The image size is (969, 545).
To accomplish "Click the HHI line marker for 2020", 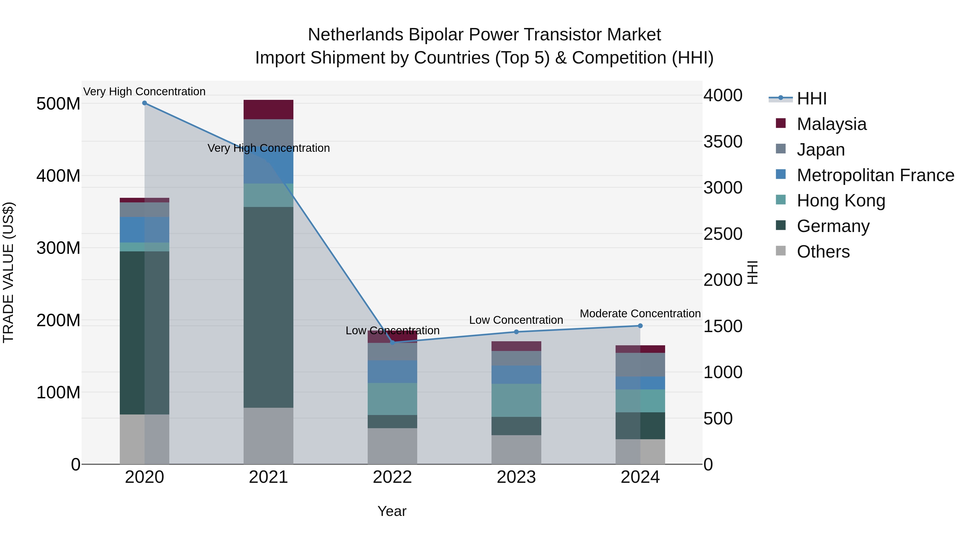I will tap(145, 103).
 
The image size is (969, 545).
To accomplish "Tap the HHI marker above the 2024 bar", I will tap(640, 326).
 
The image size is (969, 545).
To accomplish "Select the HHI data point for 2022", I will tap(392, 342).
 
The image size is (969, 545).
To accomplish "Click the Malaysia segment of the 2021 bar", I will tap(268, 110).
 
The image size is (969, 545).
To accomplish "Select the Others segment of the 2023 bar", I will tap(516, 449).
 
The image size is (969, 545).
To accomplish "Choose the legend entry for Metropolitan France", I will tap(875, 175).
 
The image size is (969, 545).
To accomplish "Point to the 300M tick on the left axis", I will tap(58, 248).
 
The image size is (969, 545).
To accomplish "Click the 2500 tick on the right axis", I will tap(723, 234).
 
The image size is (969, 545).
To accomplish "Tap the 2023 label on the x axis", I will tap(516, 477).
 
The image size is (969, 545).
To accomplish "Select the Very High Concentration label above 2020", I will tap(145, 92).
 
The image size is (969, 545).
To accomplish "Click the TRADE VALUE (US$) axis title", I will tap(8, 272).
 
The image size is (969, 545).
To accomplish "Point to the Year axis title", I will tap(392, 511).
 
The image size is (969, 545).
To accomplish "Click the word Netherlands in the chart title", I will tap(356, 35).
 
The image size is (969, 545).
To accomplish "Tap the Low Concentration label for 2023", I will tap(516, 320).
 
